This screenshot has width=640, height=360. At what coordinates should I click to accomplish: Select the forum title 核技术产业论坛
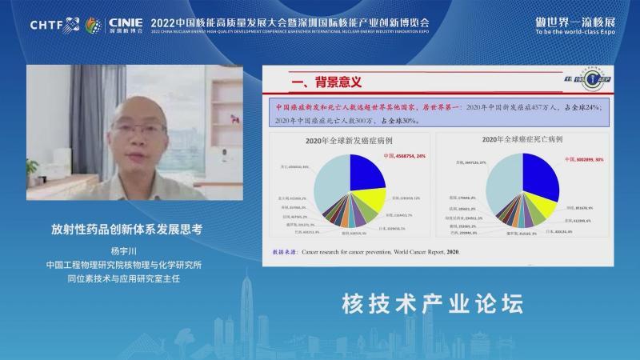[432, 305]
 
